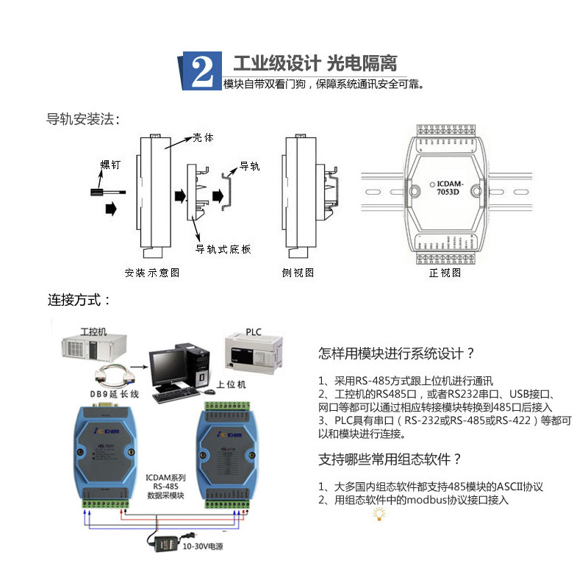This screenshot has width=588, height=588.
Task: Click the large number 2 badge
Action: [201, 71]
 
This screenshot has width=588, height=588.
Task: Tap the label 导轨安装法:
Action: [82, 119]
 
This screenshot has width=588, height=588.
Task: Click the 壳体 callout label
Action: [204, 137]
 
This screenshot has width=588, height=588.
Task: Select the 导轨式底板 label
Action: [223, 250]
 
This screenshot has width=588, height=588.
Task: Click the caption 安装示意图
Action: [152, 273]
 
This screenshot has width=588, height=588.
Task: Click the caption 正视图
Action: [445, 273]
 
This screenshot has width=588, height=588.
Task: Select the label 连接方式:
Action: [79, 300]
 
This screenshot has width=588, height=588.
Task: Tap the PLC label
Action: [253, 331]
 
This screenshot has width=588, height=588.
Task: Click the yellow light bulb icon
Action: [379, 514]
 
